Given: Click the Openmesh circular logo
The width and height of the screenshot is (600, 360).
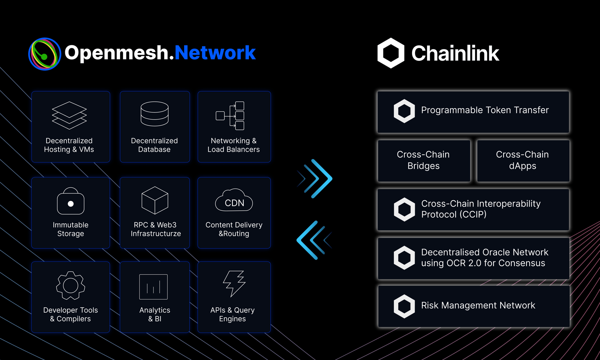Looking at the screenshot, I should [45, 54].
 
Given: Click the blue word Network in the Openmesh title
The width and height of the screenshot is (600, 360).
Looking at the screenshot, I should [215, 52].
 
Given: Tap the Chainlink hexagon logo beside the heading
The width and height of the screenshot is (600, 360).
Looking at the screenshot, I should [391, 53].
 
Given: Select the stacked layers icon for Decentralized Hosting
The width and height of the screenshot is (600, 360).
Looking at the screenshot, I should [69, 115].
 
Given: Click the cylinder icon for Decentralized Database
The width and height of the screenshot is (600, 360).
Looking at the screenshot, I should [154, 114].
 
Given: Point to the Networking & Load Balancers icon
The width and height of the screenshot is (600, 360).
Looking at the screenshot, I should [231, 115].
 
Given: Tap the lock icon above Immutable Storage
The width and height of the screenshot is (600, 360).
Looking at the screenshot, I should [70, 201].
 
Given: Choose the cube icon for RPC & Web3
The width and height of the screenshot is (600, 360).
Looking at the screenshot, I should [154, 200].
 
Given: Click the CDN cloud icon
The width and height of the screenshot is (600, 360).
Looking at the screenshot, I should [234, 201].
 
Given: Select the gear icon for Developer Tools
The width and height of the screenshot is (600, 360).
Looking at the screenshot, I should [70, 286].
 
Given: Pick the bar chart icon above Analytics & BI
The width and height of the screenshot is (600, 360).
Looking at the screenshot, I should [153, 287].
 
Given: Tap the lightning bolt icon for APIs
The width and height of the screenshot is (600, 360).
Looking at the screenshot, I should [234, 283].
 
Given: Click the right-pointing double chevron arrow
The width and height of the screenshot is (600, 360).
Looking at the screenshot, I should [317, 178].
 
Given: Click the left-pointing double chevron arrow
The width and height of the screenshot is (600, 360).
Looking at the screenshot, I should [313, 240].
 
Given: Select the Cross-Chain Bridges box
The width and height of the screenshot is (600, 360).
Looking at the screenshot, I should [424, 160].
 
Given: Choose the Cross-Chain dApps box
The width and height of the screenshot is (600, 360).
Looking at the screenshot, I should [523, 160].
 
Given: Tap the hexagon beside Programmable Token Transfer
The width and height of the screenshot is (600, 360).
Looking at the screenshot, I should [404, 111].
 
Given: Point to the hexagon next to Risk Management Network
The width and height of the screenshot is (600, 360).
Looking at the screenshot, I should [404, 306].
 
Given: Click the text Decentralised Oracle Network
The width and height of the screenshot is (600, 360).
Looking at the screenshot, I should [484, 252].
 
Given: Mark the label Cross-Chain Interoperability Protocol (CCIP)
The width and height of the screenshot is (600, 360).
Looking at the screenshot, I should [481, 209].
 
